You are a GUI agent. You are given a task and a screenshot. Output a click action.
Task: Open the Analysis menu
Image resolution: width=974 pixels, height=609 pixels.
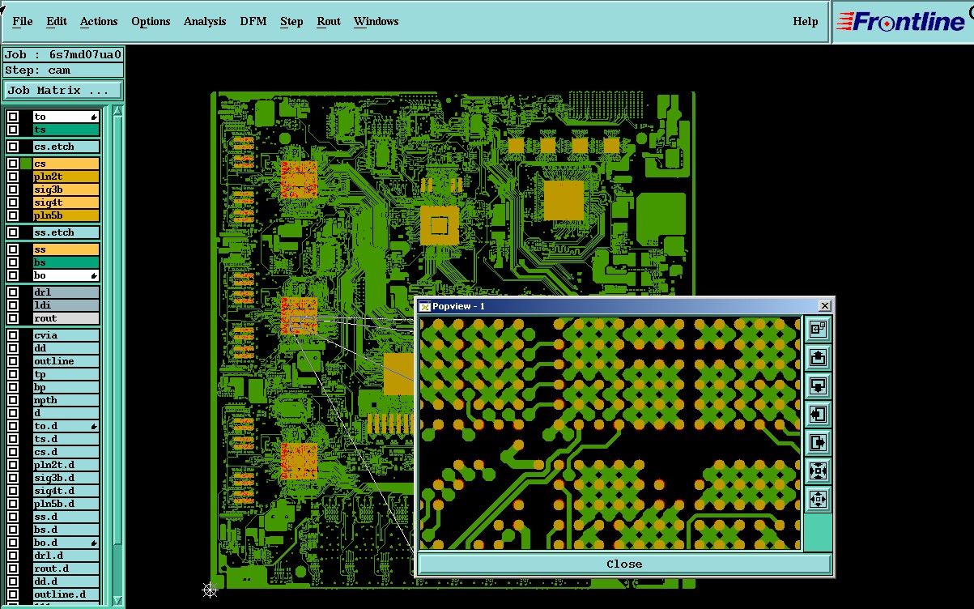click(204, 21)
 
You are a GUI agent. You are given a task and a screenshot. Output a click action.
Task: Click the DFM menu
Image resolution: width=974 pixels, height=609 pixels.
click(253, 21)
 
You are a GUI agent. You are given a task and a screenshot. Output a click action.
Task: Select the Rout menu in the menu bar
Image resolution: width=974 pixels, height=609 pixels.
click(328, 21)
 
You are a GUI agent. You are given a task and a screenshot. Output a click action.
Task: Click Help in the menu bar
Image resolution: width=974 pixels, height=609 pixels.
click(805, 21)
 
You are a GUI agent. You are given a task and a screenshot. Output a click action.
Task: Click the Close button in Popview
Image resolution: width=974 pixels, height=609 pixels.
click(624, 564)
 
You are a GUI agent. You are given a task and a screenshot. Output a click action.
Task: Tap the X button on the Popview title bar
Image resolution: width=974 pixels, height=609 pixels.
click(824, 306)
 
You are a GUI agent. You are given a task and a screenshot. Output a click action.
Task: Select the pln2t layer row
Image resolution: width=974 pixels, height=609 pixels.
click(66, 177)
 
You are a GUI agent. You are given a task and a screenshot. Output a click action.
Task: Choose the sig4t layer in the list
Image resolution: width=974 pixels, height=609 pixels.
click(66, 202)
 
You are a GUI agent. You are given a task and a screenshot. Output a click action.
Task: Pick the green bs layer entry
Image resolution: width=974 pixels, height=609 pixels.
click(66, 262)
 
